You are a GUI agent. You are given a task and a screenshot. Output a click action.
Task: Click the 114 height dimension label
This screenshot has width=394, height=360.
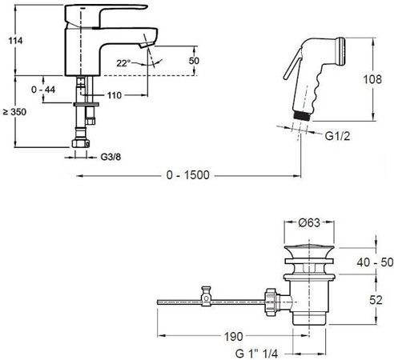click(x=15, y=41)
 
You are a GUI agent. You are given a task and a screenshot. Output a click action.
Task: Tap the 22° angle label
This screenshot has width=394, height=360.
click(x=123, y=63)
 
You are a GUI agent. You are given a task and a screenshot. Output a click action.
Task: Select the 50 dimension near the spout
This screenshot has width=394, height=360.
click(x=194, y=61)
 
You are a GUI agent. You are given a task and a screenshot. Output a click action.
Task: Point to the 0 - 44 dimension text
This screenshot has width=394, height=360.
click(x=43, y=90)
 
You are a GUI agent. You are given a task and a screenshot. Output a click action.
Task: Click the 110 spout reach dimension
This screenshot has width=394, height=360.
click(x=115, y=95)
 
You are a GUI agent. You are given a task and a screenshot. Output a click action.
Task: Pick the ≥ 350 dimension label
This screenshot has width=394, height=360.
click(x=14, y=112)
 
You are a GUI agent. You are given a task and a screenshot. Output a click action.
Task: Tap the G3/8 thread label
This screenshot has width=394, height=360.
click(x=111, y=157)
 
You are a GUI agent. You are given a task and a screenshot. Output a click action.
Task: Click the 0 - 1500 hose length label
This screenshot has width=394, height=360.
click(x=188, y=175)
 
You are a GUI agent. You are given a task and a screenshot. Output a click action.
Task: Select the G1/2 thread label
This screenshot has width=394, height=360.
click(x=337, y=136)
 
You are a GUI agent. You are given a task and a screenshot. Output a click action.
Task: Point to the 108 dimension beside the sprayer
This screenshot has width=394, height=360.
click(x=372, y=79)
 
